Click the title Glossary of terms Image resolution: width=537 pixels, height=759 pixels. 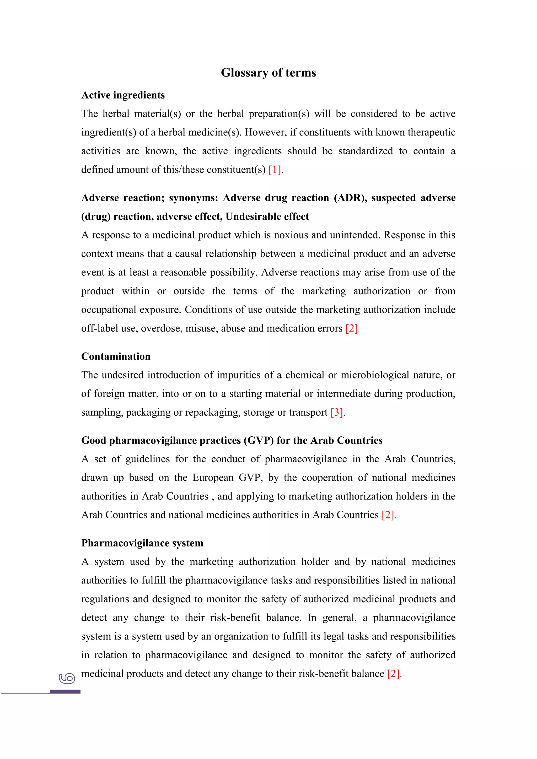click(268, 73)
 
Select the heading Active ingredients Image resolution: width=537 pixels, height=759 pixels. click(123, 95)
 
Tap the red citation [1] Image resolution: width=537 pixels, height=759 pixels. click(275, 170)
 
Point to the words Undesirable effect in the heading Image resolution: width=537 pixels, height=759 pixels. click(267, 216)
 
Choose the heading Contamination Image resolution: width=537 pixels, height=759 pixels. click(116, 356)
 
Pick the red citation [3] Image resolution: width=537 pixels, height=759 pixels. click(337, 413)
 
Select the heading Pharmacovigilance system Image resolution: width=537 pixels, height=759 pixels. click(142, 543)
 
